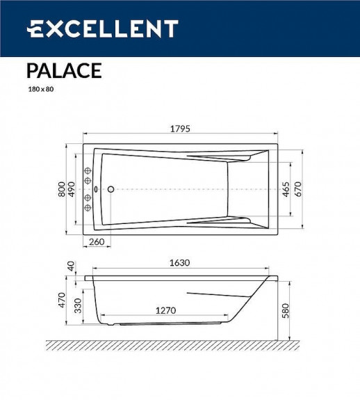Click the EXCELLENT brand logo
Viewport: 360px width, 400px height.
[102, 29]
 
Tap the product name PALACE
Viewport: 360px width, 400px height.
[64, 70]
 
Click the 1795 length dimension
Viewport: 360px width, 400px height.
[179, 129]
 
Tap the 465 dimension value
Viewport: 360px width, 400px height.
[286, 189]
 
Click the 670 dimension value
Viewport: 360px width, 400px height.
[298, 189]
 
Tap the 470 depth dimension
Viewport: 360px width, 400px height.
[61, 301]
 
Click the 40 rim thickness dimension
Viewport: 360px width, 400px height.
[70, 266]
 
